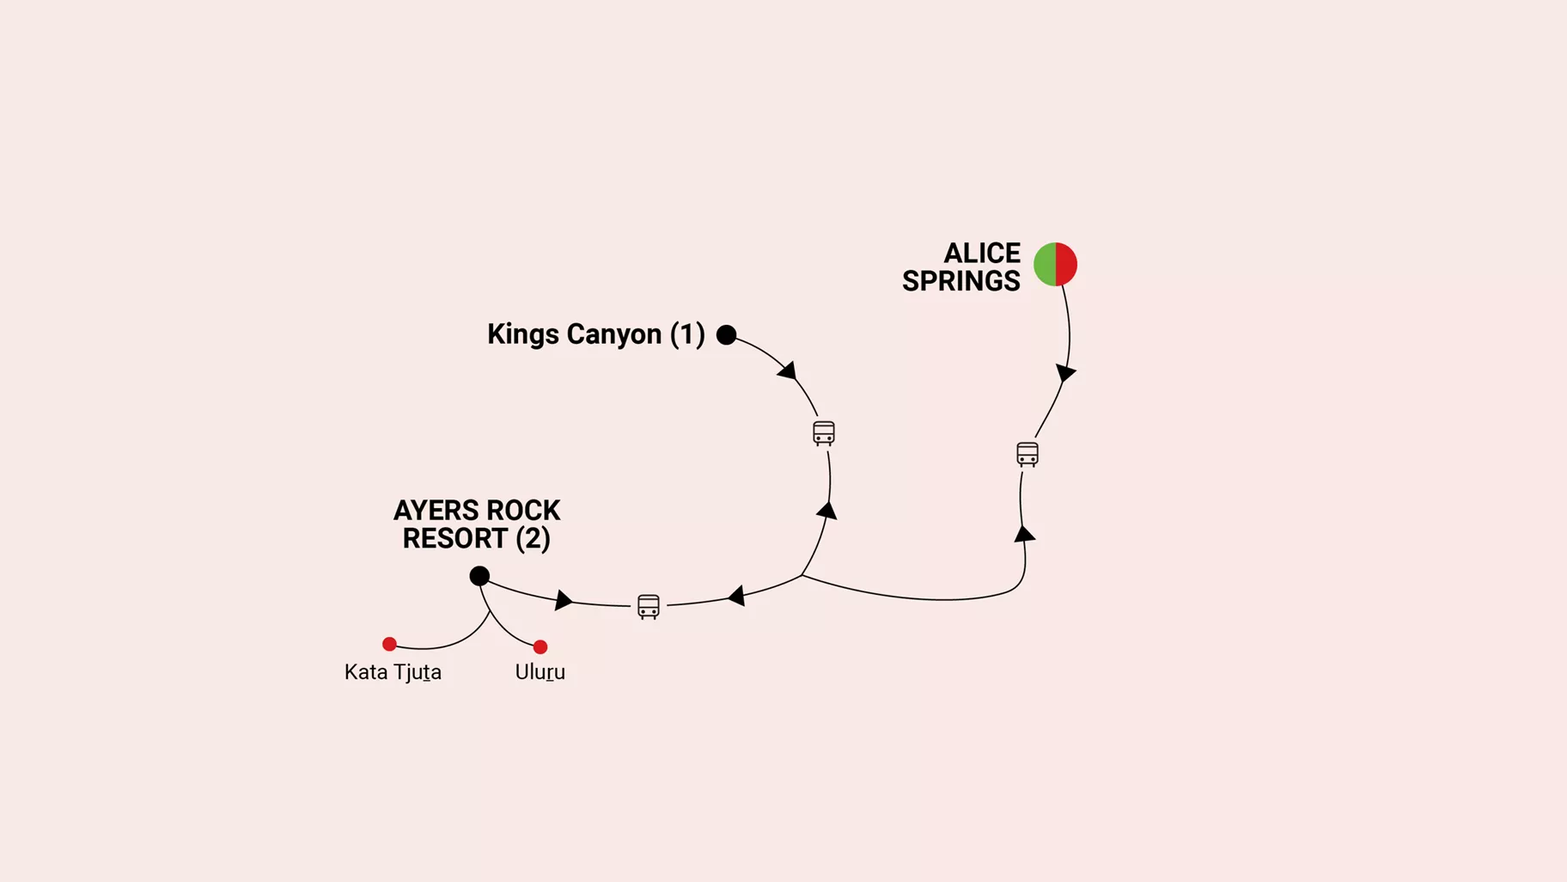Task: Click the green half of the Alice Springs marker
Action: coord(1045,264)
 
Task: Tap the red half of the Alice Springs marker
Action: coord(1066,264)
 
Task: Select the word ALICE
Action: coord(982,254)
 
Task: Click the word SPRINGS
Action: coord(960,281)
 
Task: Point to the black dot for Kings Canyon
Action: coord(726,334)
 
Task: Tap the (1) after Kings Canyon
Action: coord(687,334)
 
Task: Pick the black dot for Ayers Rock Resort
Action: coord(479,576)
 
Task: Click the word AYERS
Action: coord(434,511)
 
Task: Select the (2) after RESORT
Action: coord(533,539)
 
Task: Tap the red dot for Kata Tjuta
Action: coord(389,644)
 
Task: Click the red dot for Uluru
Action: coord(540,646)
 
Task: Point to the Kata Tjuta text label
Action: coord(393,672)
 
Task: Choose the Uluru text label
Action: coord(540,672)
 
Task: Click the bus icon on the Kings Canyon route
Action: coord(824,433)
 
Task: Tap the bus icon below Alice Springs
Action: coord(1027,454)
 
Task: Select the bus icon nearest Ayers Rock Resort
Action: coord(649,607)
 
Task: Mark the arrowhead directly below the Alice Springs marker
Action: coord(1065,373)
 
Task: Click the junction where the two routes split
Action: coord(802,576)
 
